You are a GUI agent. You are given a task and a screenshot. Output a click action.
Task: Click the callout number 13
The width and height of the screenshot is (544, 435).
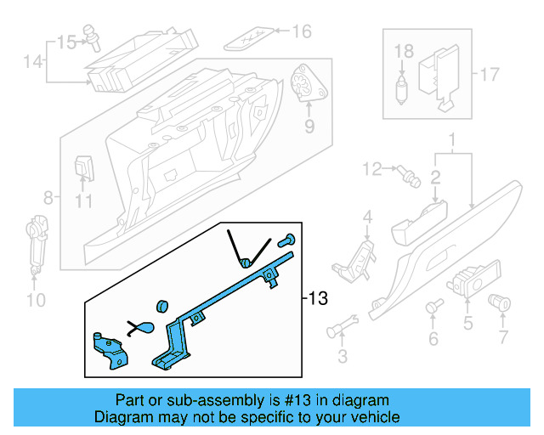318,299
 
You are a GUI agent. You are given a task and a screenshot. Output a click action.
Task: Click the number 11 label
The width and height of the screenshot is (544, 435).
82,201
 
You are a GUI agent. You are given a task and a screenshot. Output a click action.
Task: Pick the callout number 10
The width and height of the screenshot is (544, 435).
34,299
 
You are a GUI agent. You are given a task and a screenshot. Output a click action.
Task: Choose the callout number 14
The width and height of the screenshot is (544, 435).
32,61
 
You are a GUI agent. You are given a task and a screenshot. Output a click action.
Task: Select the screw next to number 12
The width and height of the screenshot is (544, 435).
409,175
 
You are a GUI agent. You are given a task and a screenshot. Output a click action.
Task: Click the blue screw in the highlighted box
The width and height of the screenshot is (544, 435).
287,241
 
